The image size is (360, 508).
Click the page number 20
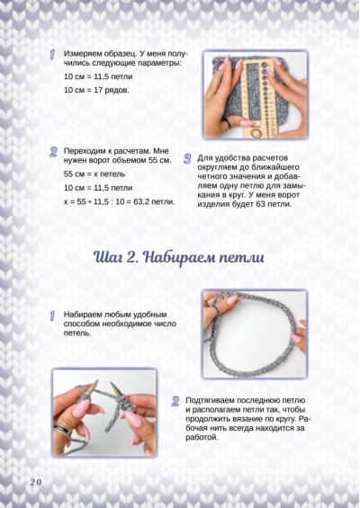[x=36, y=482]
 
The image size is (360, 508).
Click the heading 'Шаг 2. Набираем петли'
[x=179, y=257]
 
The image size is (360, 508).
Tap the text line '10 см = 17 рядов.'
[x=96, y=90]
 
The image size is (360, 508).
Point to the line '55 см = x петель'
[x=94, y=174]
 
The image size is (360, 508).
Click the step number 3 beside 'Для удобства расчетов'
[x=187, y=159]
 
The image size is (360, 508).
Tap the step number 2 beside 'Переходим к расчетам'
[x=53, y=152]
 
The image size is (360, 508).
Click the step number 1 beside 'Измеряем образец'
[x=52, y=55]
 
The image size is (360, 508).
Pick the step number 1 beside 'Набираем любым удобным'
[x=52, y=316]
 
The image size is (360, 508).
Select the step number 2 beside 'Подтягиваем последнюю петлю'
[x=175, y=401]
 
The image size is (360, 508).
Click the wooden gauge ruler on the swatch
[x=258, y=96]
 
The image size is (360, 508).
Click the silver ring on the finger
[x=62, y=431]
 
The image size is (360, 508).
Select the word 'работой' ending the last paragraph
[x=201, y=437]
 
